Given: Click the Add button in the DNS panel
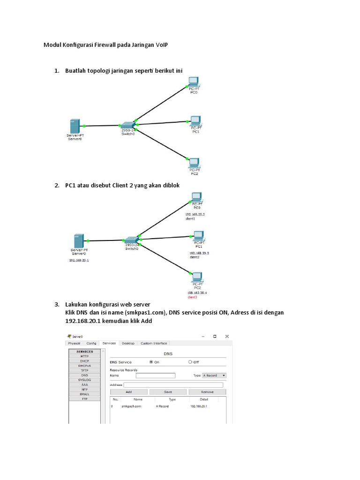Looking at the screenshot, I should click(128, 392).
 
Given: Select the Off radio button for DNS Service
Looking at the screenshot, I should click(190, 362).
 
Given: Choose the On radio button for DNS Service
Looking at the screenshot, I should click(151, 362).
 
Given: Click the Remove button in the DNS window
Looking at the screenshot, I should click(207, 392).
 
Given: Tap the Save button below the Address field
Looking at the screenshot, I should click(168, 392).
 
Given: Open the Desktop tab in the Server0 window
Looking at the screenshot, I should click(128, 343).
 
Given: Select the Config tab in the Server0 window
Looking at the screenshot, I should click(91, 343).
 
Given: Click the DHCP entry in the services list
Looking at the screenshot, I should click(84, 361).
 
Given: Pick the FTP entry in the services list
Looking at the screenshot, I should click(84, 399).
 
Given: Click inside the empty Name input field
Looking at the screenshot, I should click(155, 375).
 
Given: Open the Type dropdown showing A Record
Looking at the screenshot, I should click(214, 375).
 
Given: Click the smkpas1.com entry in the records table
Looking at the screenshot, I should click(131, 406).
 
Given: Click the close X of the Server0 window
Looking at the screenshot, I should click(227, 336).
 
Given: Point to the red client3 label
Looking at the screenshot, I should click(192, 297).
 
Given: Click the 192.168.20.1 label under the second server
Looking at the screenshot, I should click(79, 260).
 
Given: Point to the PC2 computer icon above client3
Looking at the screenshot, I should click(197, 277).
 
